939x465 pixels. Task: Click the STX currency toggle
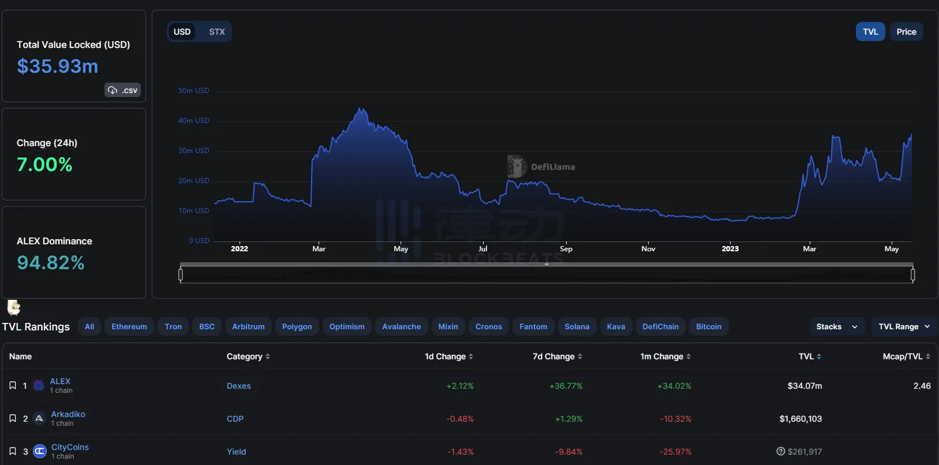(x=216, y=32)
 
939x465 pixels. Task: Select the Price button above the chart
(x=906, y=32)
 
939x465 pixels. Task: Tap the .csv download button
(x=123, y=90)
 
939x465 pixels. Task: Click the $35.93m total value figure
(x=58, y=66)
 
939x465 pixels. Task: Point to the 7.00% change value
(x=45, y=165)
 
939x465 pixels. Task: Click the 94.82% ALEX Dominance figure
(x=51, y=263)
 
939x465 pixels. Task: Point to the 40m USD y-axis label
(x=194, y=121)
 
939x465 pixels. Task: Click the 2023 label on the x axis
(x=730, y=248)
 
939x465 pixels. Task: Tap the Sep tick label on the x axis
(x=566, y=248)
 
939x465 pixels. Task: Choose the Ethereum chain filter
(x=129, y=326)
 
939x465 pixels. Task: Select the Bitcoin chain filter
(x=709, y=326)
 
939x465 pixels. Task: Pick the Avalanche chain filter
(x=402, y=326)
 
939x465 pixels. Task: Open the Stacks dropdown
(x=837, y=326)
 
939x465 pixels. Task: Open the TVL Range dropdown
(x=904, y=326)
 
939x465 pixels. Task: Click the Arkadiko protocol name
(x=68, y=414)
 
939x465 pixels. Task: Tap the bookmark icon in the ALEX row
(x=13, y=385)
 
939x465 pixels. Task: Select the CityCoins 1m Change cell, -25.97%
(x=675, y=452)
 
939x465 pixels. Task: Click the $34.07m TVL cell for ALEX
(x=805, y=386)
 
